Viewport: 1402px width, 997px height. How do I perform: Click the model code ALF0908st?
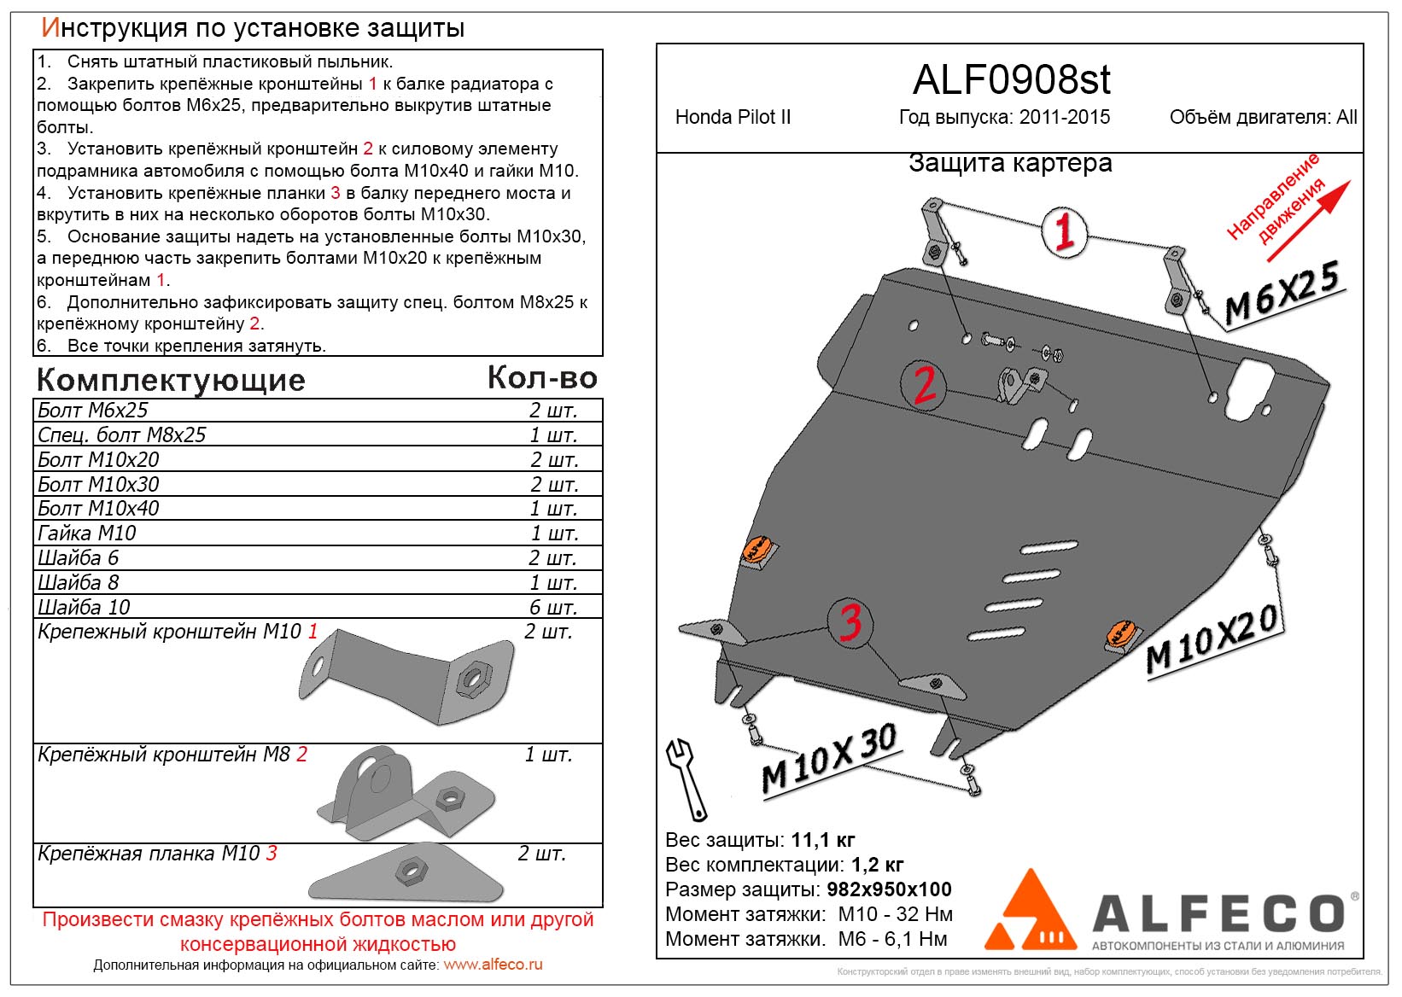tap(1011, 80)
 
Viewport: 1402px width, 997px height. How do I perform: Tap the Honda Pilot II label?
tap(733, 118)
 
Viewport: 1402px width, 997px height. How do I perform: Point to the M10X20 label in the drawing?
tap(1212, 640)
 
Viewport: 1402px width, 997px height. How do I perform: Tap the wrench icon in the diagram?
tap(687, 778)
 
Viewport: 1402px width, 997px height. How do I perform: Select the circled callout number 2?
tap(924, 385)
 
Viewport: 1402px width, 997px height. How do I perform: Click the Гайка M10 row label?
tap(87, 533)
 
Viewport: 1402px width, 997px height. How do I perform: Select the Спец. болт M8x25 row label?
tap(122, 434)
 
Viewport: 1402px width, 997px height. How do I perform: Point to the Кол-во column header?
tap(542, 377)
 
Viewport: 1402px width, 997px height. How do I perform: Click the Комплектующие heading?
tap(171, 380)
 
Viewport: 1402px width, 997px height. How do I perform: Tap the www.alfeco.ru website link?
tap(493, 965)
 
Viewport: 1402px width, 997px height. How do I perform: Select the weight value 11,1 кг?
tap(823, 840)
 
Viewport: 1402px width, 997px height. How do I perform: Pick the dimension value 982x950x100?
tap(889, 889)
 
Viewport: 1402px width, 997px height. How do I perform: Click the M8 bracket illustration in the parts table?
tap(406, 794)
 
